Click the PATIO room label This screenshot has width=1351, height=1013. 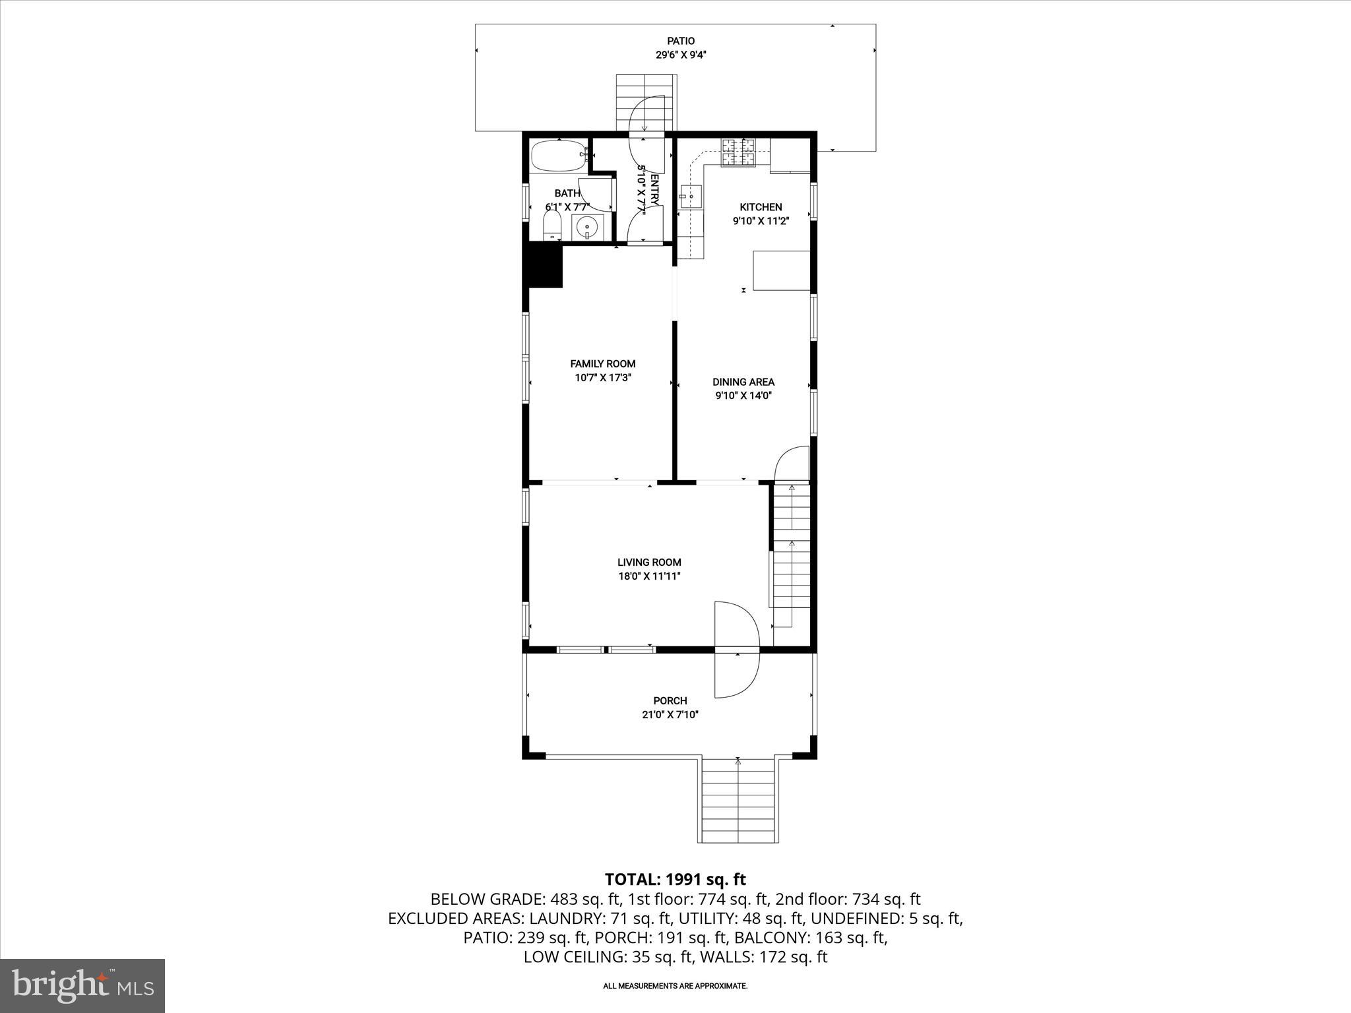point(680,41)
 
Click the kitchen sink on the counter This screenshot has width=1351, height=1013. point(689,195)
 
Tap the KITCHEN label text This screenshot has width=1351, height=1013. point(761,207)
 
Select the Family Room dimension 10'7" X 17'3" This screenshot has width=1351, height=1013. point(602,378)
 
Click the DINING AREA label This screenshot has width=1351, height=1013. point(743,382)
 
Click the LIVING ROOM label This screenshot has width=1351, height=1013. point(649,563)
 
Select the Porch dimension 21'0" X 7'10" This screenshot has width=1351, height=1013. point(670,714)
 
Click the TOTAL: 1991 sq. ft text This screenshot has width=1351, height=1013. point(675,879)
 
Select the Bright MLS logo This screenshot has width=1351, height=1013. point(82,986)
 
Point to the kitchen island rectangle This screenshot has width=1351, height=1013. point(782,270)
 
